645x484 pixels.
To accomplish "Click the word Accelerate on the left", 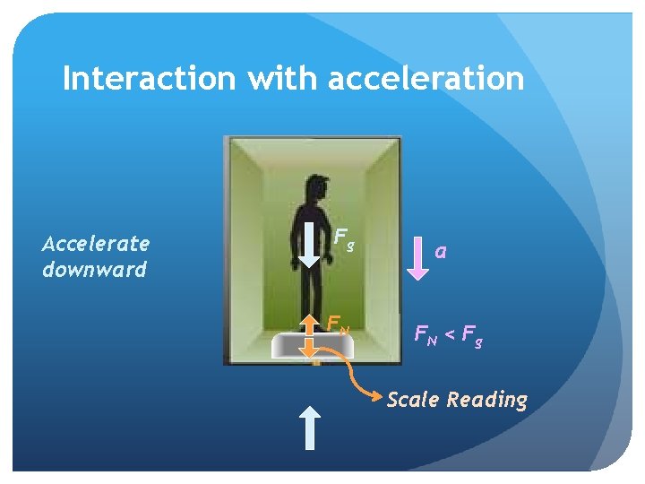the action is point(97,243).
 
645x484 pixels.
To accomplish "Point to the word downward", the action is point(94,269).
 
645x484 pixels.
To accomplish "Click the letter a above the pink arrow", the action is point(440,252).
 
